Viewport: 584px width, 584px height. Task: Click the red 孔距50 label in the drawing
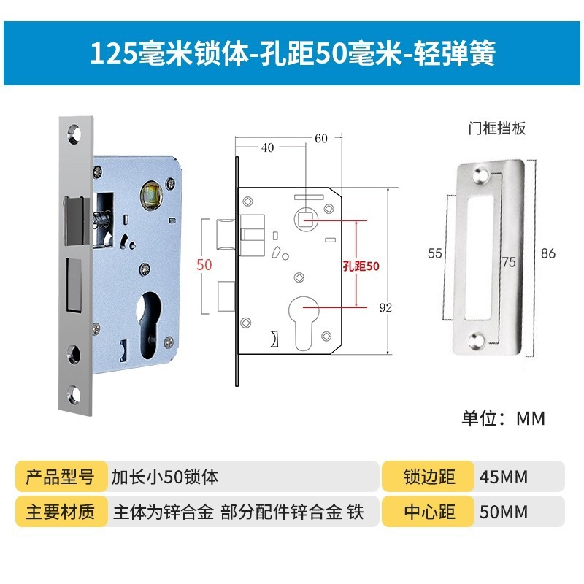[x=361, y=266]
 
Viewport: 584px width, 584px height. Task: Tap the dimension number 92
[x=386, y=307]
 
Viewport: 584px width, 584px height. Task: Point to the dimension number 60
[x=322, y=138]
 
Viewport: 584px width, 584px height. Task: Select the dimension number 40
[x=266, y=147]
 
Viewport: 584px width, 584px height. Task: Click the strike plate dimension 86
[x=548, y=253]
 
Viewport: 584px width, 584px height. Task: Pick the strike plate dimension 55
[x=435, y=253]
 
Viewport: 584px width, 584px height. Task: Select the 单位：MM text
[x=503, y=418]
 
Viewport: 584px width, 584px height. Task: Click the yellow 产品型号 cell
[x=61, y=477]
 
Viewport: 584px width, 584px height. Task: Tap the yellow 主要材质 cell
[x=61, y=512]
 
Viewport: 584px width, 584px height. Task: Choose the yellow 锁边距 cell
[x=429, y=477]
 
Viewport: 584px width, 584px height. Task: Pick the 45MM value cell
[x=504, y=477]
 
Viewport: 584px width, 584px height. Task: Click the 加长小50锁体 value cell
[x=164, y=477]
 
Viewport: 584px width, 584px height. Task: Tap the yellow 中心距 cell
[x=429, y=512]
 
